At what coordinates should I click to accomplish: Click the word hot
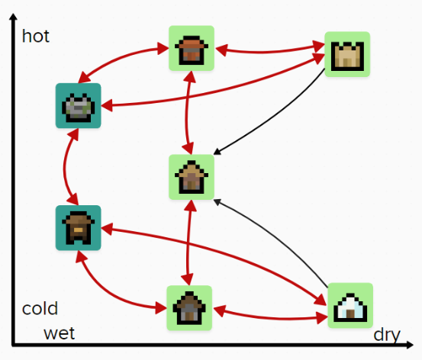point(36,36)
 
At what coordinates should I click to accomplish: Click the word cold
point(40,308)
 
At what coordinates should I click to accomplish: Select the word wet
point(60,333)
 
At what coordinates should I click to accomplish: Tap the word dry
point(387,336)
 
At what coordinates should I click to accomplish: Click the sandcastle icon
point(347,54)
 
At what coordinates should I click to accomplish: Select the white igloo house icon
point(350,305)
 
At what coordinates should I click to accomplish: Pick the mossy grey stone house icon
point(79,106)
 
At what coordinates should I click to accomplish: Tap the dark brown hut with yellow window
point(79,227)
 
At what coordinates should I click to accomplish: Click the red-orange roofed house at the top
point(192,48)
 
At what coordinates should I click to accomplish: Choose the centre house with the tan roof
point(192,177)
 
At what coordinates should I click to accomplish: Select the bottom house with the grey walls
point(189,308)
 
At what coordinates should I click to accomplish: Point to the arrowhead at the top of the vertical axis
point(13,17)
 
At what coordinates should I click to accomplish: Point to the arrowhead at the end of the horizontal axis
point(410,345)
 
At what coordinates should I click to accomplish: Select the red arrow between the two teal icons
point(65,167)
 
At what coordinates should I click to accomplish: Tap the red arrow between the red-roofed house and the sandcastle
point(269,51)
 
